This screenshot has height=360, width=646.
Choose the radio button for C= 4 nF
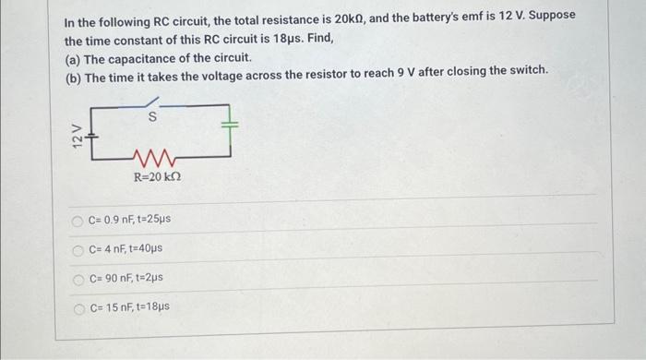(78, 248)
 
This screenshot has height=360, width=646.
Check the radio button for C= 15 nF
(78, 306)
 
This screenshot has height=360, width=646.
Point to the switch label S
(153, 117)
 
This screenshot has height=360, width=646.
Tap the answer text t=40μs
(146, 248)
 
